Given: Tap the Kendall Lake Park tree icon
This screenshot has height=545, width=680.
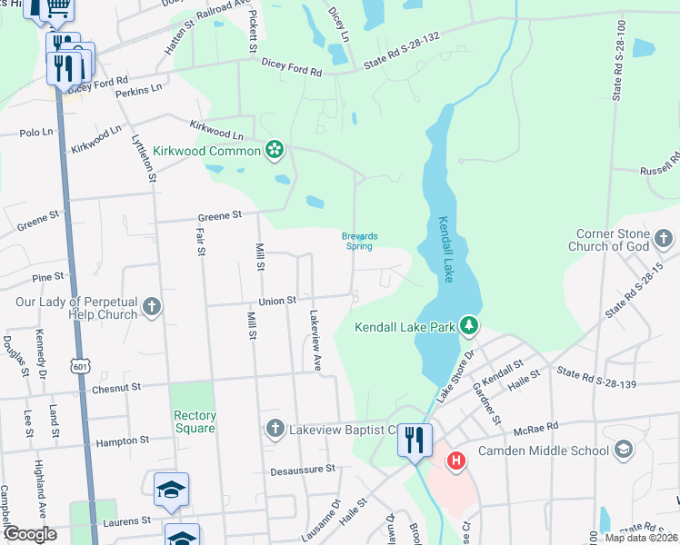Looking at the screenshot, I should click(x=467, y=324).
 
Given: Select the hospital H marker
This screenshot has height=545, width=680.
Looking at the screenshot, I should click(x=456, y=461).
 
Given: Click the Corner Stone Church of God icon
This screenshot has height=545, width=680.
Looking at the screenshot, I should click(x=665, y=239).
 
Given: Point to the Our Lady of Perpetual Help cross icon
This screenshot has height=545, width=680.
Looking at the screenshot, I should click(x=151, y=307).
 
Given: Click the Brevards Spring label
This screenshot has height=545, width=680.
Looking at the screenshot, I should click(x=359, y=241).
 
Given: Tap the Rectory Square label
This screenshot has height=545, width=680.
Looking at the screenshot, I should click(x=195, y=421).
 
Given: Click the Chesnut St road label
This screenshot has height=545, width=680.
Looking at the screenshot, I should click(x=115, y=387).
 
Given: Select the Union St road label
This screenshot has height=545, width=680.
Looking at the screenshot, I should click(x=277, y=301).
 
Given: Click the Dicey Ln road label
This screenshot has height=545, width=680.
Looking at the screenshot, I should click(x=339, y=26).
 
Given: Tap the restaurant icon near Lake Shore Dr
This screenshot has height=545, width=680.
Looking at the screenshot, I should click(x=415, y=441).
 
